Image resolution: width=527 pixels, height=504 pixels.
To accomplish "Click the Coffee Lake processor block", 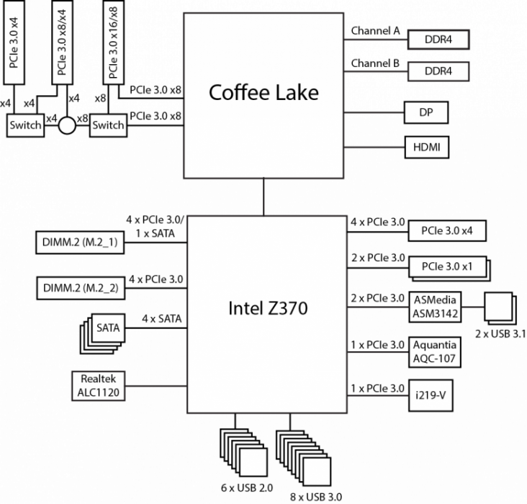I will (x=263, y=94).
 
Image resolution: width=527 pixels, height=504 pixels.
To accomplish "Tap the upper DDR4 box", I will (x=437, y=40).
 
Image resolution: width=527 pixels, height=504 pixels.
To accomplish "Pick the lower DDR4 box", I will (x=437, y=71).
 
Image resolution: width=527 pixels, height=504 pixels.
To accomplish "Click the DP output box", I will (x=425, y=112).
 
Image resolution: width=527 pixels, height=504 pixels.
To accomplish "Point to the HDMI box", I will (x=426, y=148).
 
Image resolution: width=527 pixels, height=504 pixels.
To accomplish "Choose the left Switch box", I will (x=25, y=125).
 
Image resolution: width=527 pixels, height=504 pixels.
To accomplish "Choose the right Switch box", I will (x=108, y=125).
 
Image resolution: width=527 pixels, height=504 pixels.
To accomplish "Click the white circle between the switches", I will (x=67, y=125).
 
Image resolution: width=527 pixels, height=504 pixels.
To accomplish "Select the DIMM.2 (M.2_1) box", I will (x=80, y=243).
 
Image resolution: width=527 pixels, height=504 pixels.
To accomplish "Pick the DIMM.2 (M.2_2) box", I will (x=80, y=289).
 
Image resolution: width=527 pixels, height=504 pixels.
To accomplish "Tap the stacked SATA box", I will (x=108, y=329).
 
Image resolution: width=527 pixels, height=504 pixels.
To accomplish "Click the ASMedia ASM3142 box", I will (x=435, y=307).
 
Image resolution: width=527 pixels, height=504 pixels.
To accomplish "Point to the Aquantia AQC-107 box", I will (x=434, y=352).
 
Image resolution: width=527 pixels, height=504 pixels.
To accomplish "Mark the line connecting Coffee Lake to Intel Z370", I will (x=263, y=197).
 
